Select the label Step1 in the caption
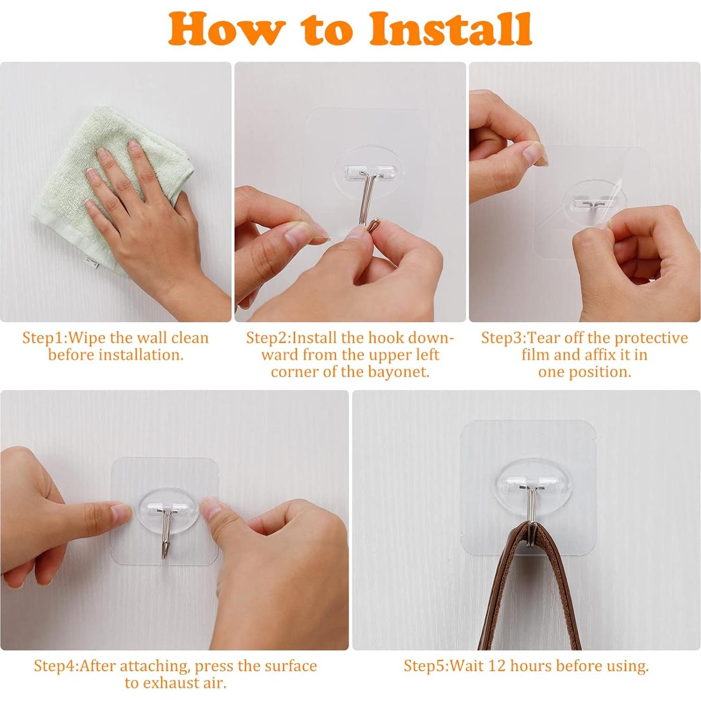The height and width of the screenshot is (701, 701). [45, 338]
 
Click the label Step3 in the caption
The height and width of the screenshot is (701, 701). [504, 338]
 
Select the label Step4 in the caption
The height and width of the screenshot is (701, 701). [56, 666]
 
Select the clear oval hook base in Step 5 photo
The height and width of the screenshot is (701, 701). [528, 487]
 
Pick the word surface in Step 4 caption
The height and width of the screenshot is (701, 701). [287, 666]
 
